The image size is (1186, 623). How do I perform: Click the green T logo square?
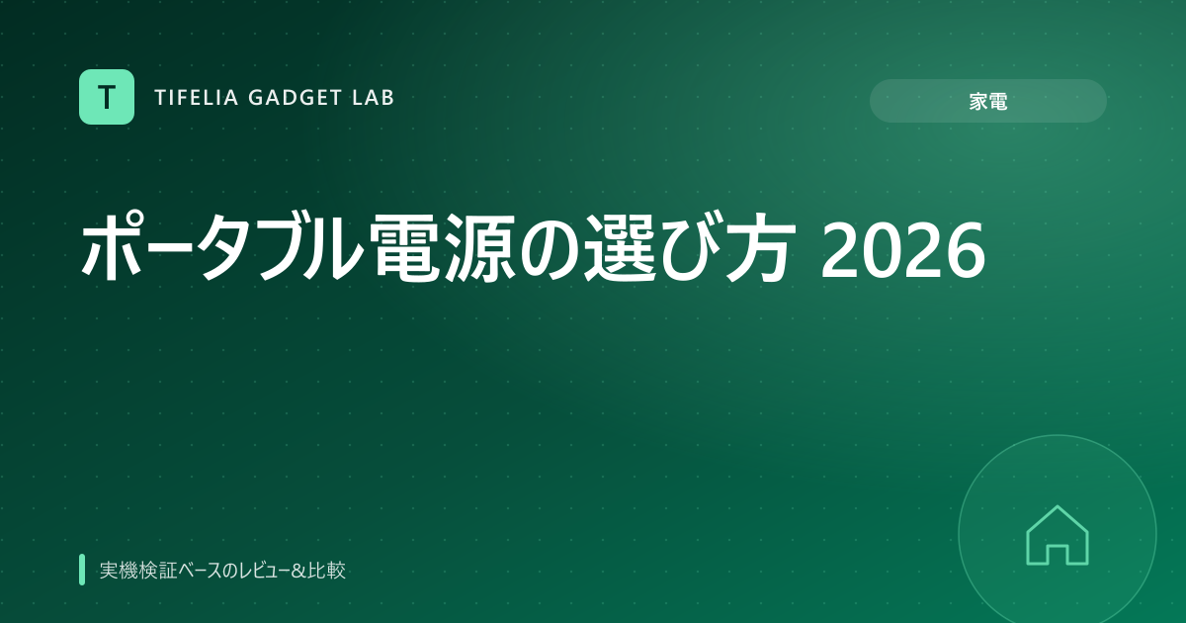[107, 97]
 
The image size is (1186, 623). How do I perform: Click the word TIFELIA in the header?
[197, 98]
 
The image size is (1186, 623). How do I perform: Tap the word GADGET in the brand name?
[295, 98]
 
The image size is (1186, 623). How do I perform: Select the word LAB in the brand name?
[374, 98]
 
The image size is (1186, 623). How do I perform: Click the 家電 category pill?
[988, 101]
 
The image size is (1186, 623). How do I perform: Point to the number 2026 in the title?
[902, 249]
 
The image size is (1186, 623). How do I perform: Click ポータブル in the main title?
[223, 247]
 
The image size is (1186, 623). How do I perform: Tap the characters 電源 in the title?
[446, 247]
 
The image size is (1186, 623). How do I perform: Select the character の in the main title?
[550, 249]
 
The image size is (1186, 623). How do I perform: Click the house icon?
[1058, 535]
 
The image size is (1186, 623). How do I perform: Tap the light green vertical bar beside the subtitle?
[82, 570]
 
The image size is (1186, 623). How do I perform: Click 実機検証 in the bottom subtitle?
[138, 571]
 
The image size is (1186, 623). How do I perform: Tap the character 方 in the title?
[761, 247]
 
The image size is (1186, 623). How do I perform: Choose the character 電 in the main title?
[408, 247]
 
